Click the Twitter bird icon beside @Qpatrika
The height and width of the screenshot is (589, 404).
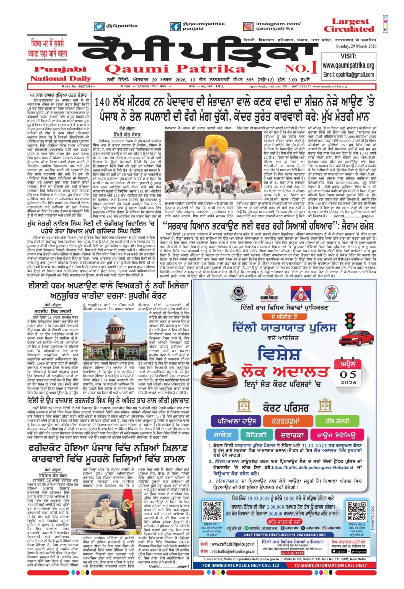tap(99, 26)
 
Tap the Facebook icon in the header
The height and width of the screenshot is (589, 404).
tap(175, 26)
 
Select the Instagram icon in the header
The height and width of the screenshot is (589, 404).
tap(248, 26)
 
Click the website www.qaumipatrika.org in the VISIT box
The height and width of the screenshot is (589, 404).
tap(348, 66)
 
